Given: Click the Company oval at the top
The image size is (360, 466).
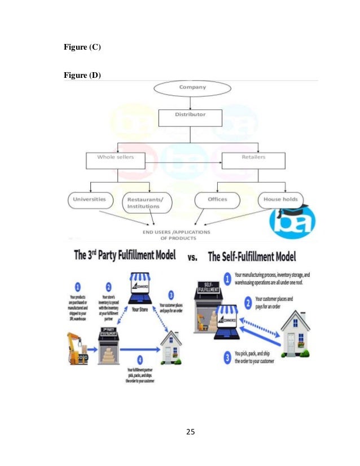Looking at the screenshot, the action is tap(192, 88).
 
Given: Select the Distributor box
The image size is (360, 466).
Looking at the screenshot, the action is tap(190, 117).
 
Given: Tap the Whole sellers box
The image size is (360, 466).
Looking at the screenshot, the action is tap(118, 160).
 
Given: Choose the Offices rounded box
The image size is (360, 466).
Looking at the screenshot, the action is tap(217, 200).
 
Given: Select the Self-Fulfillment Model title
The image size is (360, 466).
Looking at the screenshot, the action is tap(252, 257).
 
